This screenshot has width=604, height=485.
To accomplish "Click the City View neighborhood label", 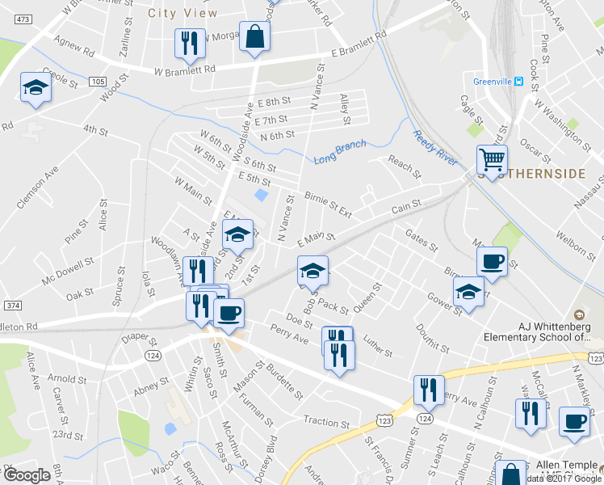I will pos(183,13).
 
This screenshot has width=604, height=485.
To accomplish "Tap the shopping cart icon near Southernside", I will pos(493,159).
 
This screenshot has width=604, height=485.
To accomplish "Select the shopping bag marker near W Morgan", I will pos(254,37).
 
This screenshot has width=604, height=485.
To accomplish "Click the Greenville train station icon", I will pos(520,81).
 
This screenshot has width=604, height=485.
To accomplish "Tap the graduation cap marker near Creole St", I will pos(36,87).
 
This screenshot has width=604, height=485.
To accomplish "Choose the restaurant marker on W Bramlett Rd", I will pos(189,44).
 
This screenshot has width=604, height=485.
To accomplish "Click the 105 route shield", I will pos(98,82).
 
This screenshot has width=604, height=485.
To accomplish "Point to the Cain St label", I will pos(406,209).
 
